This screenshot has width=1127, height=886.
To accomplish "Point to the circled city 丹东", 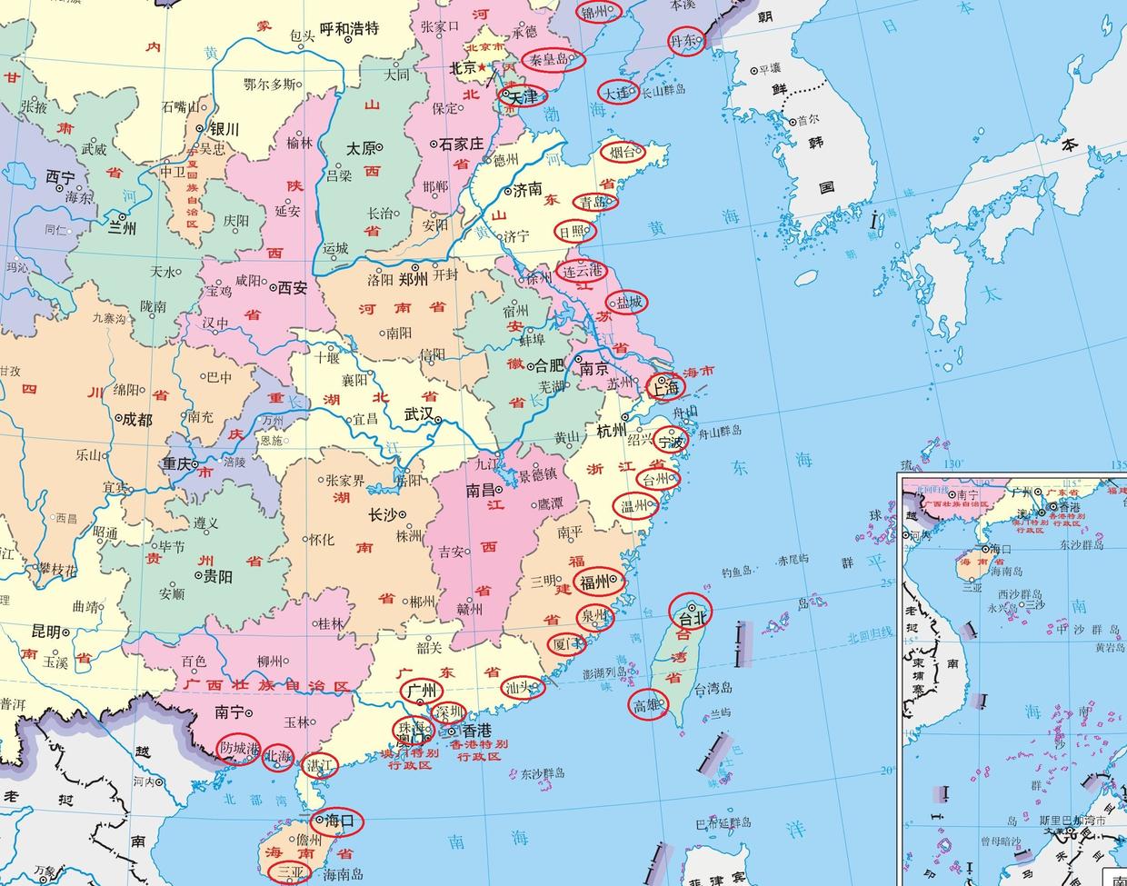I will (x=685, y=41).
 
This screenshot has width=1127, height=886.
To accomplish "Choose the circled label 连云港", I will (x=582, y=271).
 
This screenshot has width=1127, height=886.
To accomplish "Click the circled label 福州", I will (x=596, y=579).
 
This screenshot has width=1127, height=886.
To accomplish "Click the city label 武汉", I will (x=419, y=414).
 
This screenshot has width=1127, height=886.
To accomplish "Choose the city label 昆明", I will (x=45, y=632).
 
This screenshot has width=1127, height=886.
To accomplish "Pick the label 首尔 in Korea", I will (x=808, y=120).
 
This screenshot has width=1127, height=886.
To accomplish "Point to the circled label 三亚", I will (x=292, y=870).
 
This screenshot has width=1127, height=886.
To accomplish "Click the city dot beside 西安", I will (x=273, y=287).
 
